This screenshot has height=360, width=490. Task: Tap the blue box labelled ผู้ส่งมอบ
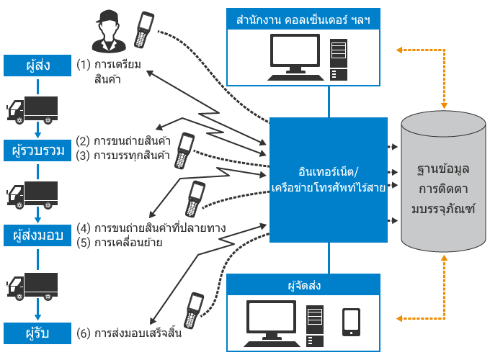point(38,235)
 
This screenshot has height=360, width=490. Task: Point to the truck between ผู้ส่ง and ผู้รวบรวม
point(32,109)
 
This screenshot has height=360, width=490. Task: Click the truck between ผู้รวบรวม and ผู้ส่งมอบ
point(32,194)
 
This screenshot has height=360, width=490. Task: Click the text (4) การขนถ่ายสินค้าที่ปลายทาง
point(151,228)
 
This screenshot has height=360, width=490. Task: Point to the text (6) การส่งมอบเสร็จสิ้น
point(128,335)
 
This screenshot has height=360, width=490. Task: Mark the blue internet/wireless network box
point(329,179)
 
